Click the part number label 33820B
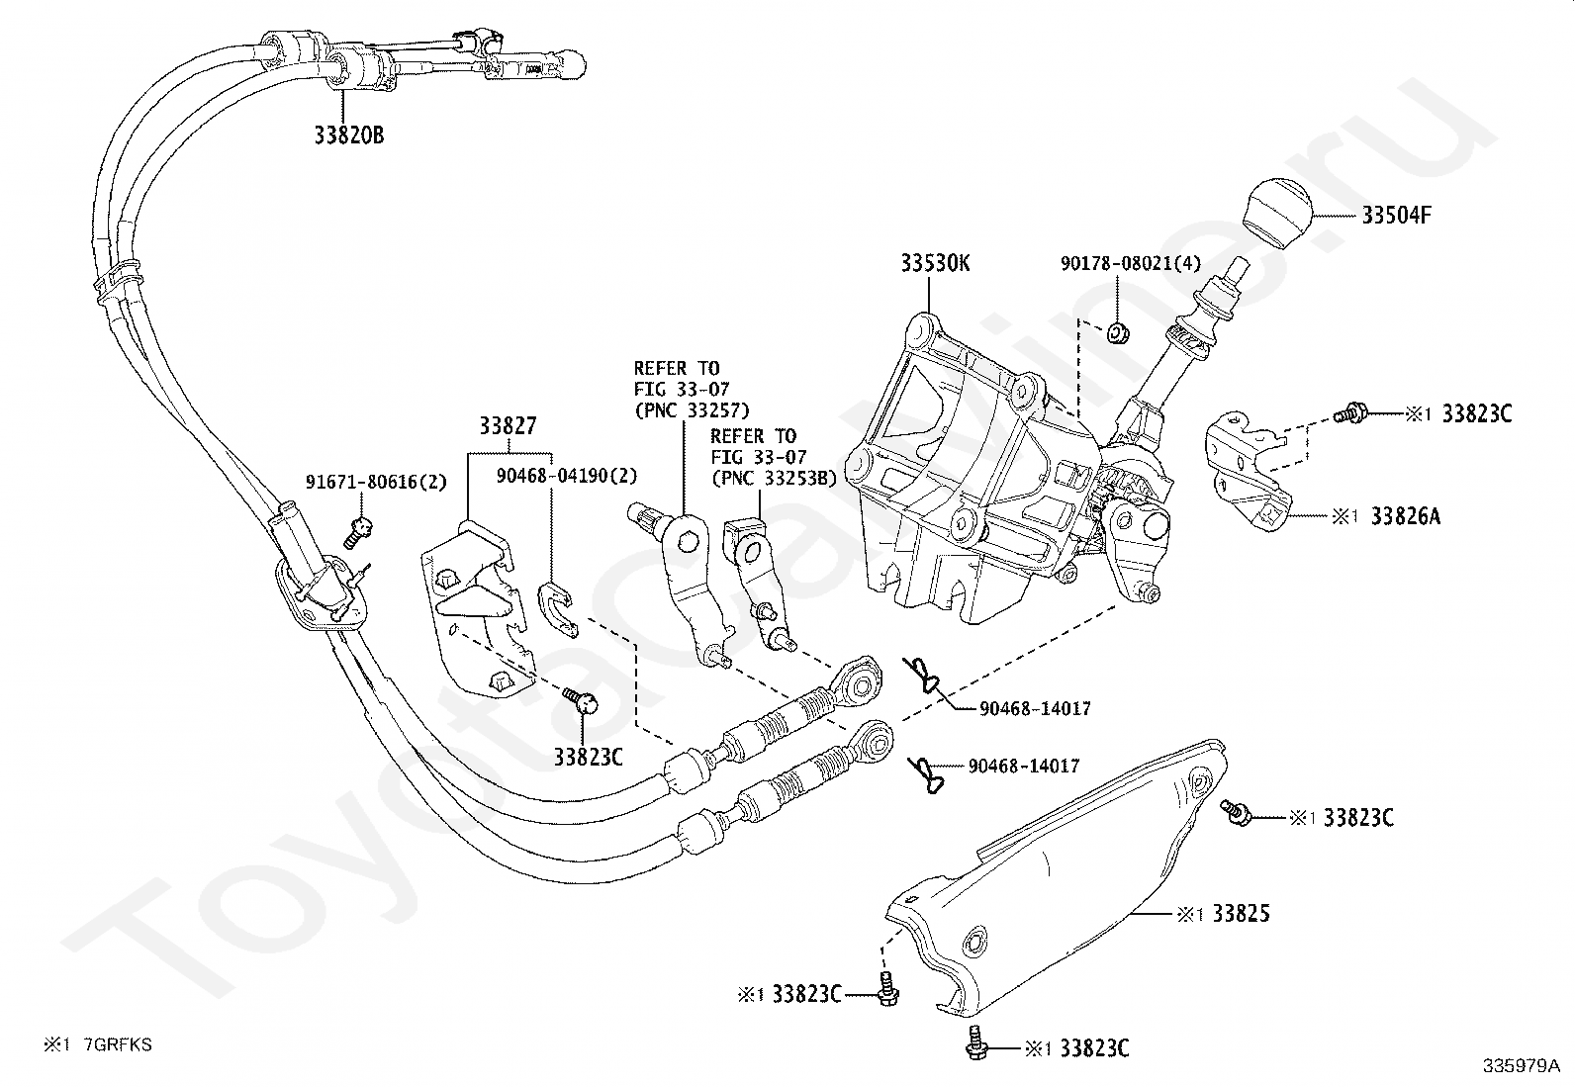(x=349, y=135)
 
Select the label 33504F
(x=1396, y=215)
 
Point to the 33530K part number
(x=935, y=263)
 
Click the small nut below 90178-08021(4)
(x=1117, y=332)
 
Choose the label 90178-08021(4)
(x=1131, y=263)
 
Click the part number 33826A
(x=1406, y=516)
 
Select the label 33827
(x=508, y=425)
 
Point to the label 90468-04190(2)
(x=567, y=476)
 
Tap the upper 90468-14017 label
(x=1035, y=709)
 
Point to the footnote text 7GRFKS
(x=118, y=1044)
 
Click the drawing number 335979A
(x=1522, y=1066)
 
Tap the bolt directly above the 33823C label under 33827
(x=581, y=700)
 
